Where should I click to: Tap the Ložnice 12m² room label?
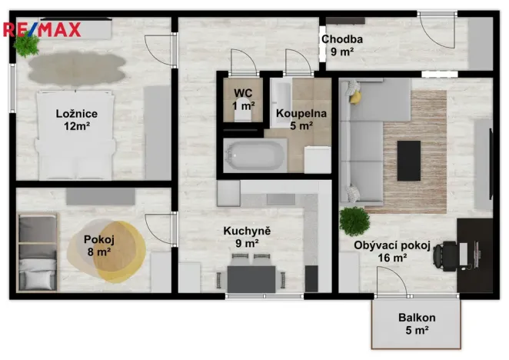coord(76,120)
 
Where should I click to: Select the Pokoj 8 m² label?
coord(99,244)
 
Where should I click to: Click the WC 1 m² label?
coord(243,100)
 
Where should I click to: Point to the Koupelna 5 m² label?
coord(301,119)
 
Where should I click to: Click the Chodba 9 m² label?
coord(342,46)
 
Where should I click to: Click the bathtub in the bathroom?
coord(254,156)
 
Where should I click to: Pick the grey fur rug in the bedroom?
coord(76,68)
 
